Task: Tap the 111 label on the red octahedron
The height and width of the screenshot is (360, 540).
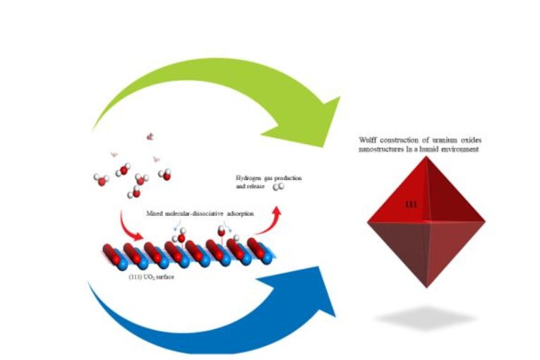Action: (x=410, y=203)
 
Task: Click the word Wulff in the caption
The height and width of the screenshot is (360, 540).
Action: (x=368, y=140)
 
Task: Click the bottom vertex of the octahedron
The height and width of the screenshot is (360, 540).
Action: (x=426, y=287)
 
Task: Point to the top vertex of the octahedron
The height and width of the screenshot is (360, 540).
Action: (x=426, y=157)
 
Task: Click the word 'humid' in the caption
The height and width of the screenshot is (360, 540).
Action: (x=438, y=149)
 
